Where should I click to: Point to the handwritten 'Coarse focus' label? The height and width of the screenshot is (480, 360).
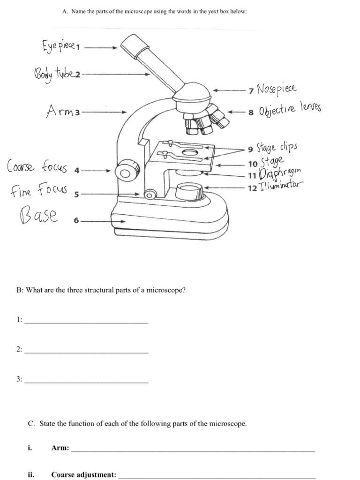pos(37,167)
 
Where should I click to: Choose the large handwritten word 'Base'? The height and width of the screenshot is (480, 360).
pos(38,217)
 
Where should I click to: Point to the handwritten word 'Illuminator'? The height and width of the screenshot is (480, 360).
pos(280,187)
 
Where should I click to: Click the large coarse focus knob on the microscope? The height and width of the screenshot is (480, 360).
pos(125,170)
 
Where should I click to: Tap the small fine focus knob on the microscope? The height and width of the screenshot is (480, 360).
pos(150,194)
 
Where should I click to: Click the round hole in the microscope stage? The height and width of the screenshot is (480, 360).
pos(189,152)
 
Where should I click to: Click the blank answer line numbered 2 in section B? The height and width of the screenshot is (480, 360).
pos(86,352)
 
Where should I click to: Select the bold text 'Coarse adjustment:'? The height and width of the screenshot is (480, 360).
pos(83,474)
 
